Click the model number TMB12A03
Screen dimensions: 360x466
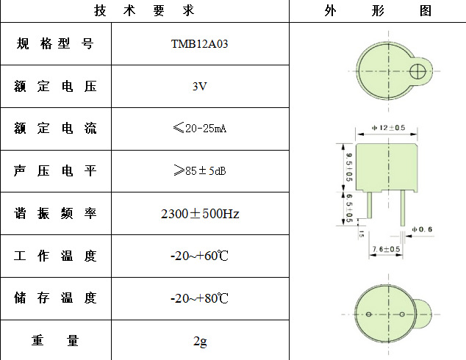coord(200,44)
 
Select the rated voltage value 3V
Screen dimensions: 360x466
coord(200,87)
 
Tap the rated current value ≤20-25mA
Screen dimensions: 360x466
coord(200,129)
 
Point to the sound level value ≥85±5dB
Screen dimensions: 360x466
coord(200,171)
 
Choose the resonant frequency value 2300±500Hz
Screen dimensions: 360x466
coord(200,214)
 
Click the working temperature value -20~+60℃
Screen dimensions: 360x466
coord(200,256)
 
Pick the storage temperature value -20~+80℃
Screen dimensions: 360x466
coord(200,299)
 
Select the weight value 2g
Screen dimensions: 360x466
coord(200,341)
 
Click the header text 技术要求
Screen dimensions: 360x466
coord(144,11)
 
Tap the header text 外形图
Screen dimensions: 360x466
coord(377,11)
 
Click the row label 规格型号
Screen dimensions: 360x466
coord(55,44)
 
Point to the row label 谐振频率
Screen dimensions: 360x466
coord(55,214)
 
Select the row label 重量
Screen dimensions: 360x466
coord(55,341)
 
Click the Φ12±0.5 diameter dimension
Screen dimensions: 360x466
coord(390,128)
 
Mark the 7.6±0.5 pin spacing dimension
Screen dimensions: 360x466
coord(386,250)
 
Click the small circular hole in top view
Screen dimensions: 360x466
coord(418,71)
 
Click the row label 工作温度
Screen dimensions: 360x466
coord(55,256)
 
